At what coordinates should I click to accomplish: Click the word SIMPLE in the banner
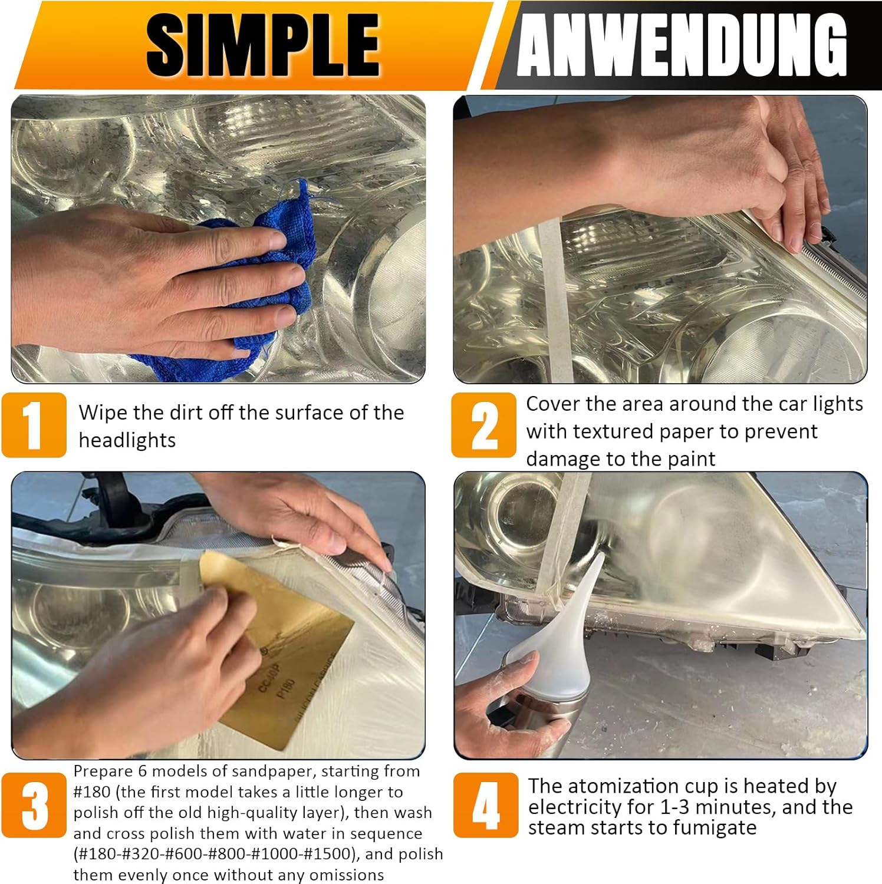[262, 45]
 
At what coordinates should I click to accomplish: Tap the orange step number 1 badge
[34, 425]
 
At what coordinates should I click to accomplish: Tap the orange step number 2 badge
[483, 425]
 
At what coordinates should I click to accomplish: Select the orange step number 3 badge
[34, 805]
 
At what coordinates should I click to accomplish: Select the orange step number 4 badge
[485, 805]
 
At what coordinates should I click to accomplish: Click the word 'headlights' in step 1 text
[127, 440]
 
